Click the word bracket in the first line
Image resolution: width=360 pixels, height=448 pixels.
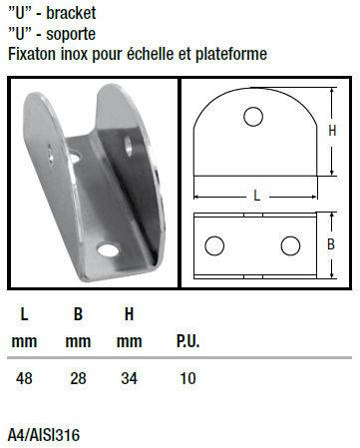point(71,13)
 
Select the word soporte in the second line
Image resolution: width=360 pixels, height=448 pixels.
point(71,34)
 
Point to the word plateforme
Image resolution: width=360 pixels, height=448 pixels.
point(231,54)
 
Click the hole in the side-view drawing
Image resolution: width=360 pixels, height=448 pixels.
point(253,117)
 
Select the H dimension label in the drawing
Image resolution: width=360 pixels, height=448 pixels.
point(332,131)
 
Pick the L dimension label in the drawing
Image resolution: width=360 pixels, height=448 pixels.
point(256,196)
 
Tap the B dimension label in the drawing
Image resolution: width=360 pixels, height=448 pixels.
point(331,244)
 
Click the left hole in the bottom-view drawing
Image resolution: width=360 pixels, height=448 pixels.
point(214,245)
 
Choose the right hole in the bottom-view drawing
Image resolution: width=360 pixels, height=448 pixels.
point(290,245)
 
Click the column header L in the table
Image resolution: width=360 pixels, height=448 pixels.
point(24,314)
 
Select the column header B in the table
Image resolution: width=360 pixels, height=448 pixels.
point(78,314)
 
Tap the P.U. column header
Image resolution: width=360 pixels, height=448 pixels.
point(187,341)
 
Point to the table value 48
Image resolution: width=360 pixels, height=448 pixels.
point(24,378)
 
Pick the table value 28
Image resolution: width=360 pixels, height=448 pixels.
point(78,378)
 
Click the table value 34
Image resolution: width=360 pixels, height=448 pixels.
point(129,378)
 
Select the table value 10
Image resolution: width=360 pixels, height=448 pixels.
point(187,378)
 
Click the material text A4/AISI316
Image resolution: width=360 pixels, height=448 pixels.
point(44,435)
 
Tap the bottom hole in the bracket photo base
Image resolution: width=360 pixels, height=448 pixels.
point(108,250)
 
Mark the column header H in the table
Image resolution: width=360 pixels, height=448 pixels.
point(129,314)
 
